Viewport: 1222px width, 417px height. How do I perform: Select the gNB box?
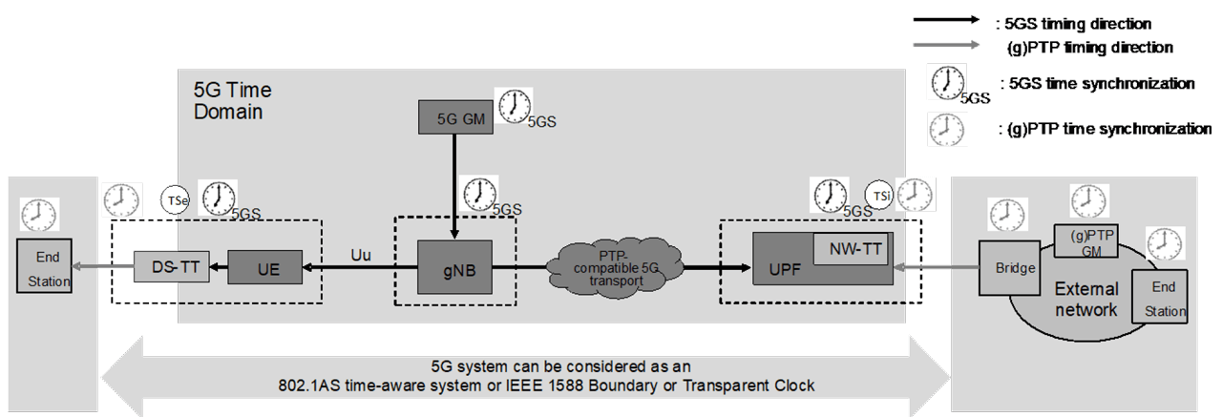click(x=454, y=267)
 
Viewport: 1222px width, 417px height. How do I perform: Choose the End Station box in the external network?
click(x=1159, y=297)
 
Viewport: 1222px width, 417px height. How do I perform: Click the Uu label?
click(x=360, y=257)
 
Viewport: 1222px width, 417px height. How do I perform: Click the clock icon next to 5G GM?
click(x=514, y=105)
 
